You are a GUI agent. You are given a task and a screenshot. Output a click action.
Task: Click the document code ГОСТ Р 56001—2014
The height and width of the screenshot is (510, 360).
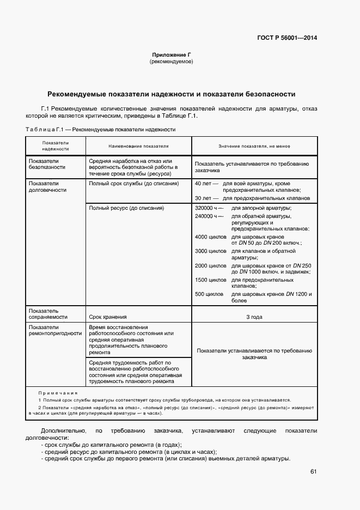point(287,38)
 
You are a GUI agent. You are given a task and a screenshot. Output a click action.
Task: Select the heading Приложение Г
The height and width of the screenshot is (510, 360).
point(171,55)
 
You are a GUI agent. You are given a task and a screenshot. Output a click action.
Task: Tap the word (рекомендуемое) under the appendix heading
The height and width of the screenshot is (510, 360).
point(171,62)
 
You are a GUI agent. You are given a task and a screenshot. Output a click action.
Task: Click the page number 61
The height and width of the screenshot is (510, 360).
point(313,471)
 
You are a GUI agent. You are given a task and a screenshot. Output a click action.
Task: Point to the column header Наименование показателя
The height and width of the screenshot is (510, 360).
point(138,146)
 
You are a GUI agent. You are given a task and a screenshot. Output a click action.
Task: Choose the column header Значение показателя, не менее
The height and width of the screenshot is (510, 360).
point(254,146)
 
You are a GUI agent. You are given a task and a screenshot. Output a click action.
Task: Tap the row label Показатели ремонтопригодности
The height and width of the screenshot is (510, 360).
point(55,330)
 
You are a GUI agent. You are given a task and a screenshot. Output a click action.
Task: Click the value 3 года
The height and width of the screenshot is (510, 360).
point(254,317)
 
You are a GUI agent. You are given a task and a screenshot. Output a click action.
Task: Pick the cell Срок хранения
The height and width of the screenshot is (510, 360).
point(108,317)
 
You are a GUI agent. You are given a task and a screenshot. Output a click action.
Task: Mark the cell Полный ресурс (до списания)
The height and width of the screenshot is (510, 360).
point(126,208)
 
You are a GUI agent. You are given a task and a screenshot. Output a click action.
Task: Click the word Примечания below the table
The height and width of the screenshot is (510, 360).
point(58,392)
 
